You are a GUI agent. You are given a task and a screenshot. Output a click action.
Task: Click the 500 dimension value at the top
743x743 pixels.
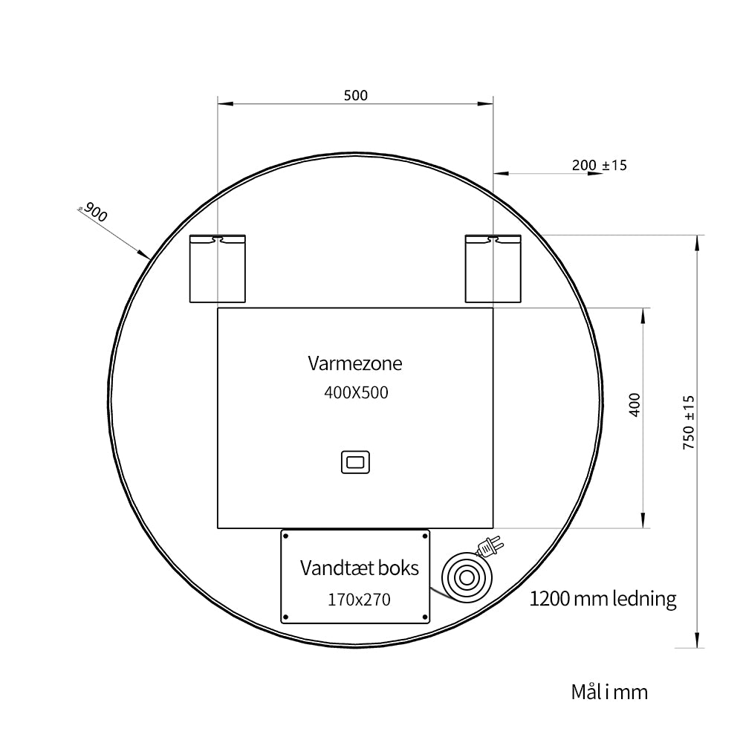pos(355,96)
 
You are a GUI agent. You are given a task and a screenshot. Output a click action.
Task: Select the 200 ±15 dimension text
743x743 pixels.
pos(599,166)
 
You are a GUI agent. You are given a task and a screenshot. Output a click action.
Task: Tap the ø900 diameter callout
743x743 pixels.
pos(94,212)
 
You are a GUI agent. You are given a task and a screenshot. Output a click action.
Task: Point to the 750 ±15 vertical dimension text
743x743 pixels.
pos(689,422)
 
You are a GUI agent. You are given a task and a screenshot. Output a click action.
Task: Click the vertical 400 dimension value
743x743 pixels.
pos(635,405)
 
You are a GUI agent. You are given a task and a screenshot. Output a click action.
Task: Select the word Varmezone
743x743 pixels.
pos(355,363)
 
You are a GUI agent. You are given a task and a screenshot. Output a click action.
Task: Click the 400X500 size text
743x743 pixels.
pos(356,392)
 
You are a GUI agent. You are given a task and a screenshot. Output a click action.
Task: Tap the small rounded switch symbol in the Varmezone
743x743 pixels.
pos(355,462)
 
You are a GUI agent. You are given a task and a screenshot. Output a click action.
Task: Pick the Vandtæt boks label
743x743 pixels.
pos(359,568)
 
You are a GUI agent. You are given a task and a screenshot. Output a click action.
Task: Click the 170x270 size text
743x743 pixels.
pos(359,600)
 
